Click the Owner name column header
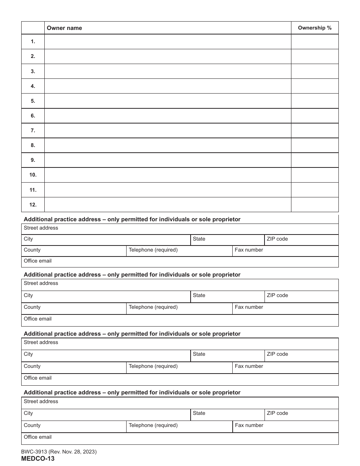click(64, 28)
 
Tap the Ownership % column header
click(315, 28)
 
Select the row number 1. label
click(33, 41)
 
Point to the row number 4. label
click(33, 86)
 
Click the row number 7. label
click(33, 130)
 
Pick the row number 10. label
click(33, 175)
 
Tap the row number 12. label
click(33, 205)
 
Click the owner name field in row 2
click(167, 56)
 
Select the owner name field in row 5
click(167, 101)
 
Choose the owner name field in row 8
click(167, 145)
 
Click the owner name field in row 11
click(167, 190)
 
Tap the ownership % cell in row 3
click(315, 71)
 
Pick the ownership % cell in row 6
click(315, 116)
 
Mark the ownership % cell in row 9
click(315, 160)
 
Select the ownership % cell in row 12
click(315, 205)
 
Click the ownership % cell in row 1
click(315, 41)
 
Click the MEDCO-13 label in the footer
click(38, 458)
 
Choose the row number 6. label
click(33, 116)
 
